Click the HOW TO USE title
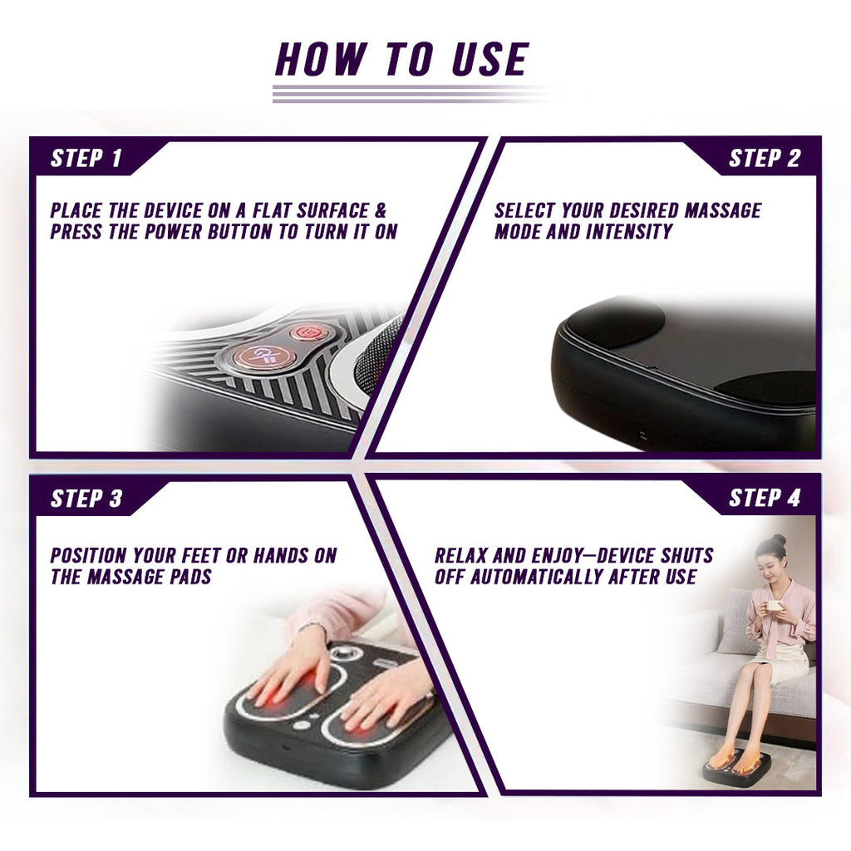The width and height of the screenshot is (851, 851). click(x=401, y=60)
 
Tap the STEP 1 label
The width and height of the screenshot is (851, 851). click(x=86, y=159)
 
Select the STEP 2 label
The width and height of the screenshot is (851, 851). click(x=764, y=159)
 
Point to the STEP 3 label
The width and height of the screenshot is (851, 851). click(x=86, y=499)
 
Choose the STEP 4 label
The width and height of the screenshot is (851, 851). click(x=764, y=498)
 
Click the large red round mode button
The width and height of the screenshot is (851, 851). click(x=263, y=357)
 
